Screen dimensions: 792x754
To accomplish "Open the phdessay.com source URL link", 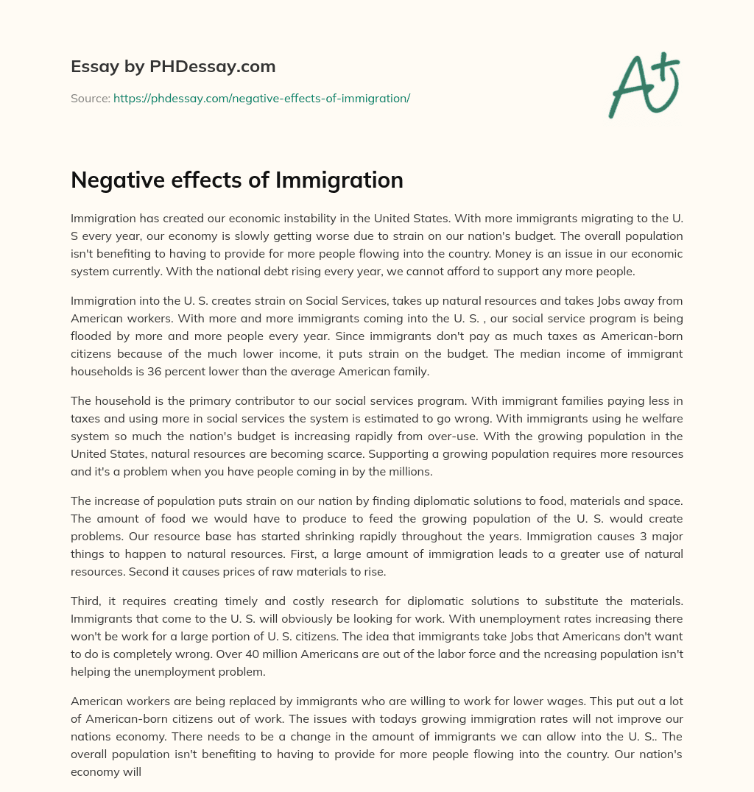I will (261, 98).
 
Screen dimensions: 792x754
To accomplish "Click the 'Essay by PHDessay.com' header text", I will (173, 66).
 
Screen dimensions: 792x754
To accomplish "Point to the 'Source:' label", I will (90, 98).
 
